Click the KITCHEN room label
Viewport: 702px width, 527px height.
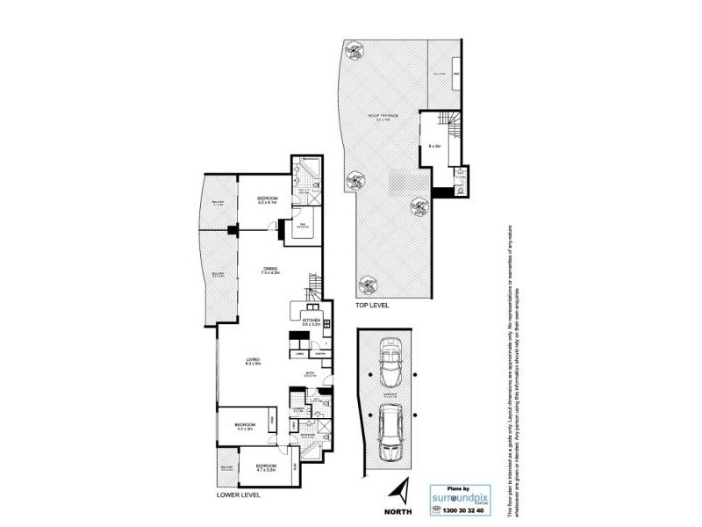[312, 321]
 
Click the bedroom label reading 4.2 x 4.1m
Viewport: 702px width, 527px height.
[267, 200]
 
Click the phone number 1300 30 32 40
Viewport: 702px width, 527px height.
[457, 511]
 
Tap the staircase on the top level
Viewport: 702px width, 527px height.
[452, 128]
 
